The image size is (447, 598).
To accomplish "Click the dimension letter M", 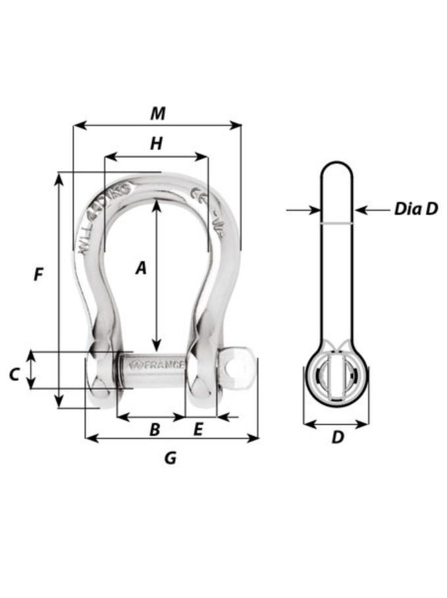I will [157, 114].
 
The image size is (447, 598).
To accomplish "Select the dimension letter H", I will [156, 144].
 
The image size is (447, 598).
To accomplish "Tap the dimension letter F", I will [39, 274].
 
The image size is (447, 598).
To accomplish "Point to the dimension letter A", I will [140, 268].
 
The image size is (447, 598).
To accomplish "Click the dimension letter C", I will [14, 374].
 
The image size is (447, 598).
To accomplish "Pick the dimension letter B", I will [155, 430].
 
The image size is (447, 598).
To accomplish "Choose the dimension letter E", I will [197, 430].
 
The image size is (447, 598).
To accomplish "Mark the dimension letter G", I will [170, 458].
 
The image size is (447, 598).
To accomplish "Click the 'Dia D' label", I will [415, 209].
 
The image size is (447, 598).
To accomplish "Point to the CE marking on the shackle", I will [197, 195].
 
